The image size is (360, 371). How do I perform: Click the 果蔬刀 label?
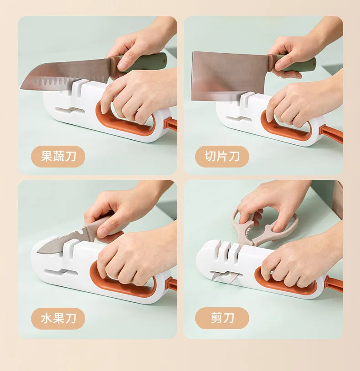click(x=58, y=157)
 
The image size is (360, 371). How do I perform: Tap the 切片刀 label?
click(x=222, y=157)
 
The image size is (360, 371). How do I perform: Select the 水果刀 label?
click(x=58, y=318)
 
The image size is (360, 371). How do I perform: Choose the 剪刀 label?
click(x=222, y=318)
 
